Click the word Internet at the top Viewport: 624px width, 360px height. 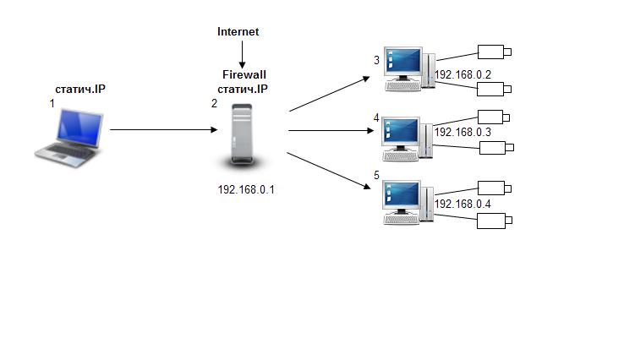[238, 32]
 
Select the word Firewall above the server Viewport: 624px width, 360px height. [238, 75]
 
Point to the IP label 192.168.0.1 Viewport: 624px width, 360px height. [246, 189]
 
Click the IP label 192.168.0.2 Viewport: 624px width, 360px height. [463, 75]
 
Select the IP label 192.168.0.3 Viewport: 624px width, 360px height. [463, 132]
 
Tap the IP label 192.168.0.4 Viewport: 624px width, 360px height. [463, 205]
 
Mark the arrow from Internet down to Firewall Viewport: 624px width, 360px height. [242, 56]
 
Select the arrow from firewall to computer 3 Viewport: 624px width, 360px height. [330, 94]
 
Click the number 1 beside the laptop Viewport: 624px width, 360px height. [52, 102]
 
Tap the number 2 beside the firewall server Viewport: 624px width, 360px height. [213, 103]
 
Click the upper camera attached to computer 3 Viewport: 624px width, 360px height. [495, 52]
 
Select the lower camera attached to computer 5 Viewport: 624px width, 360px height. [494, 221]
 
